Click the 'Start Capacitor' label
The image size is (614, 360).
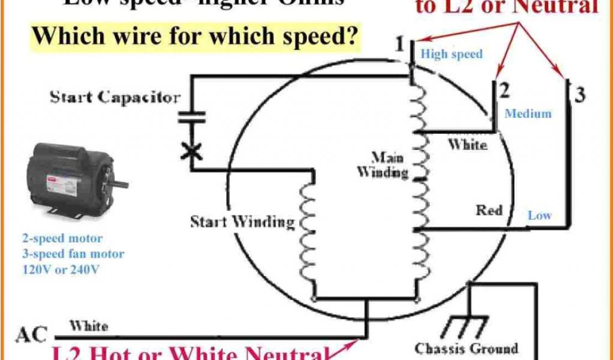114,97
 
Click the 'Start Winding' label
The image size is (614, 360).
242,222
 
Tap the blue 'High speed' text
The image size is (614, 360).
451,54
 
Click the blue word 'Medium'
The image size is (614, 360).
528,113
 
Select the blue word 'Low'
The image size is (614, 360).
540,215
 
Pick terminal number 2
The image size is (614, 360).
504,91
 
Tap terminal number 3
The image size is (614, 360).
579,94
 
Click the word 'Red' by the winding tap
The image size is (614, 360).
489,211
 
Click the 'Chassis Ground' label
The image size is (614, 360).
466,348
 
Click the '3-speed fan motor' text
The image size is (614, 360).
73,254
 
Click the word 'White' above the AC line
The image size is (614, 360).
88,326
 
